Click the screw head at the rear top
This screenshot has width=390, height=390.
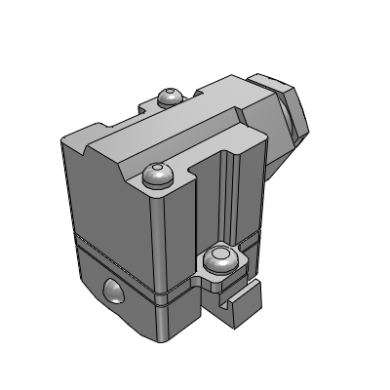(x=170, y=96)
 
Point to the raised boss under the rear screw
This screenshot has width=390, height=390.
(x=170, y=105)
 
